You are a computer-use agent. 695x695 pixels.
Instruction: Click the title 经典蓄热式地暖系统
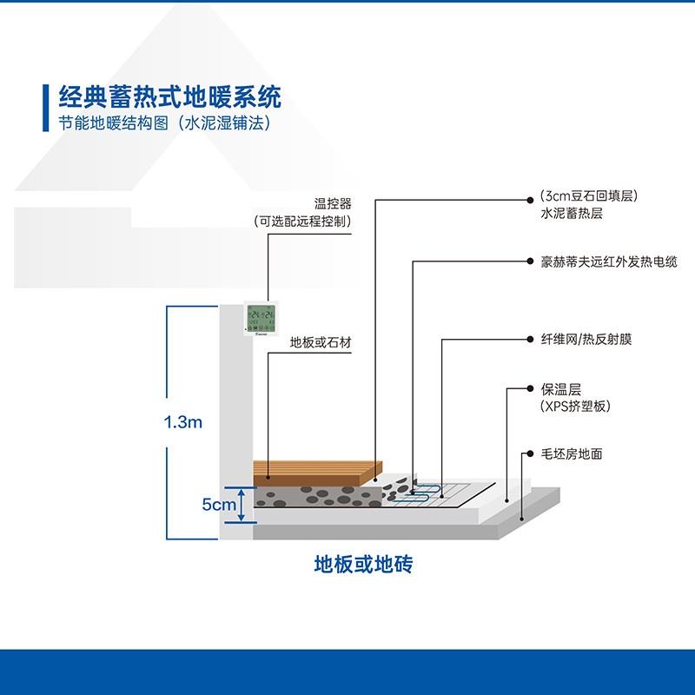tap(169, 96)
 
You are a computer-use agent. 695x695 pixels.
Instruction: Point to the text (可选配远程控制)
tap(303, 222)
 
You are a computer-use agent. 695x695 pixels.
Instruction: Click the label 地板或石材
tap(320, 343)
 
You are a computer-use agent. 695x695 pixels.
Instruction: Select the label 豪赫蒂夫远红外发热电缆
tap(608, 261)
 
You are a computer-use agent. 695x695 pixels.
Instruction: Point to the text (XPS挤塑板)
tap(574, 406)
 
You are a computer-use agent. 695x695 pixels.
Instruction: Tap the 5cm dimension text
tap(219, 504)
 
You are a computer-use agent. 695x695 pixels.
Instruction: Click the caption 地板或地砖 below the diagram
tap(362, 566)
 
